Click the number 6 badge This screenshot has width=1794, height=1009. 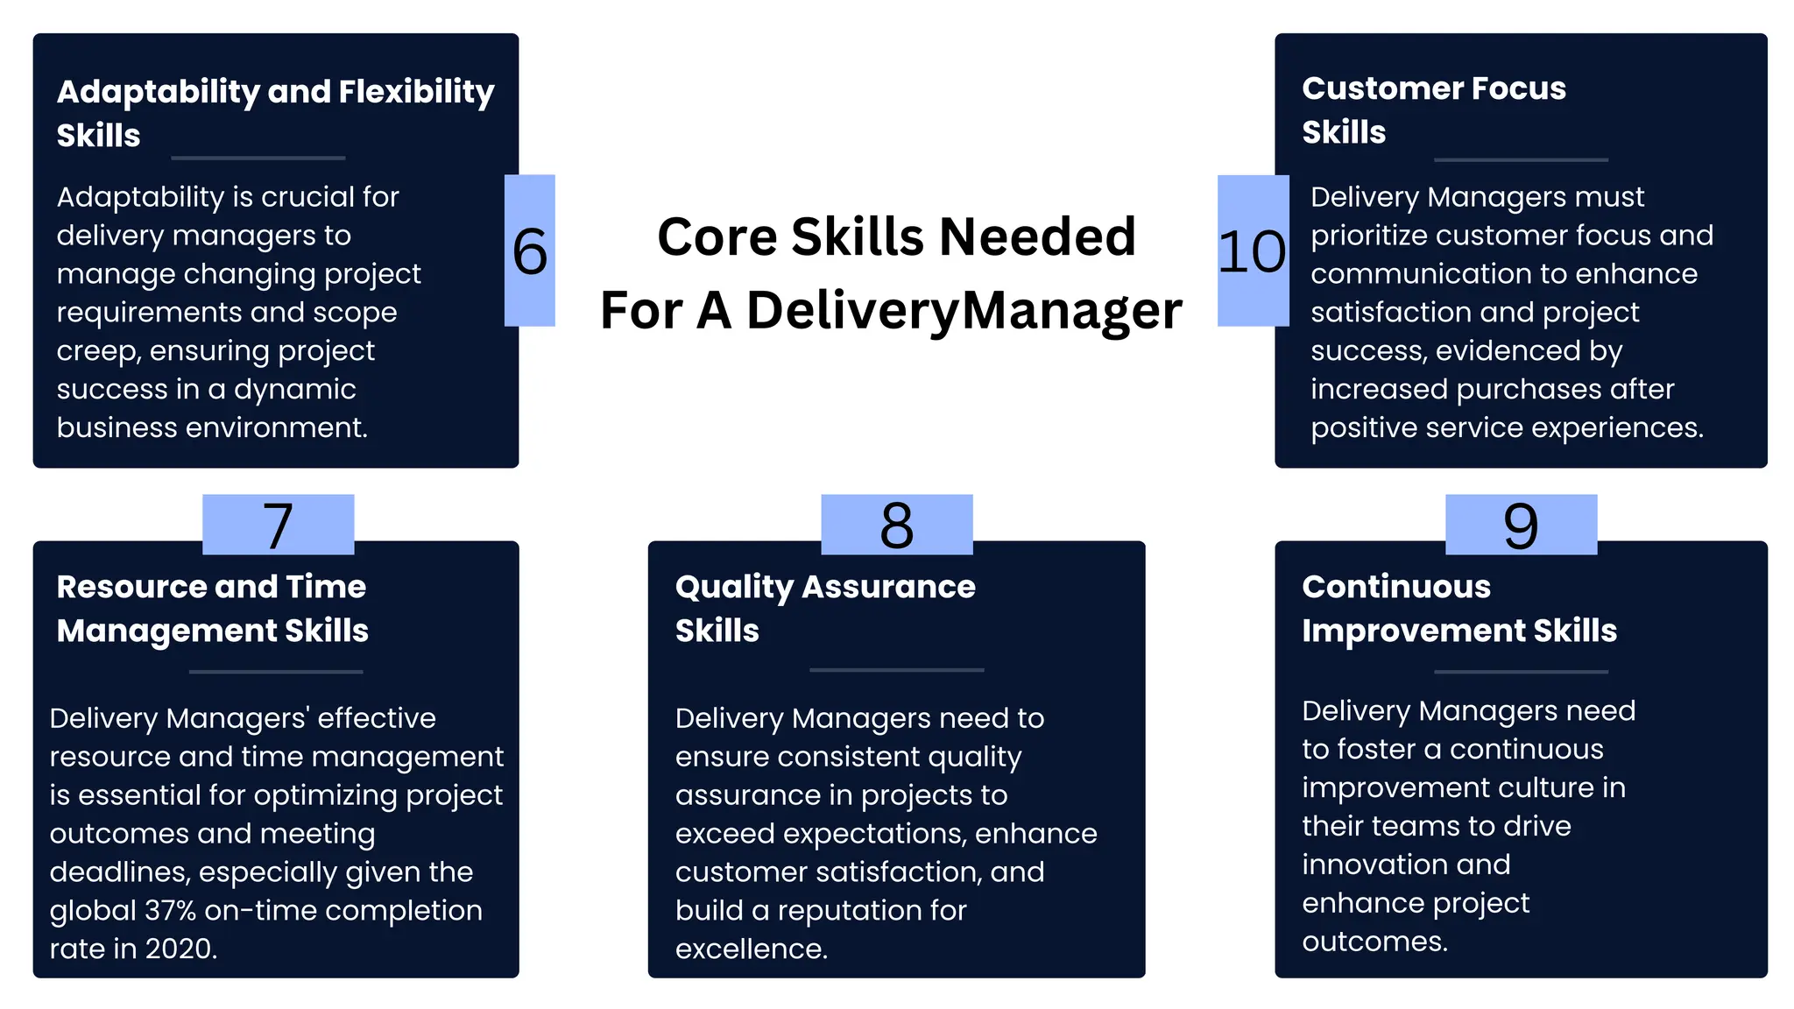(530, 251)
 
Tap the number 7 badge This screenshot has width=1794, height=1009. (279, 526)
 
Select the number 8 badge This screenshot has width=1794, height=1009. (897, 526)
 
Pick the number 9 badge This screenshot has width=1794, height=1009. (1521, 526)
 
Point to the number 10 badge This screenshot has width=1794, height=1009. (1253, 251)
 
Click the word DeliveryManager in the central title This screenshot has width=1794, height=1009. (964, 311)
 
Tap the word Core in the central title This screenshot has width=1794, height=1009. (716, 237)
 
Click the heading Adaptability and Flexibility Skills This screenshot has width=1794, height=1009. (275, 113)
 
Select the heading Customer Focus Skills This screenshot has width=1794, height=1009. (1433, 109)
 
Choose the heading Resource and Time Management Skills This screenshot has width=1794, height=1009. (212, 609)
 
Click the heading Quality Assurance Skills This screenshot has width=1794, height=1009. (824, 609)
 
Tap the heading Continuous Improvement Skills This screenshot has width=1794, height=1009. (1459, 609)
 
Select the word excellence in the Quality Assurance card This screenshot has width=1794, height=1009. (751, 949)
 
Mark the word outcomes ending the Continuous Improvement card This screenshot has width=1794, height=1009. (1374, 942)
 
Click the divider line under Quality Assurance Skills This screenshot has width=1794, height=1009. (896, 670)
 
